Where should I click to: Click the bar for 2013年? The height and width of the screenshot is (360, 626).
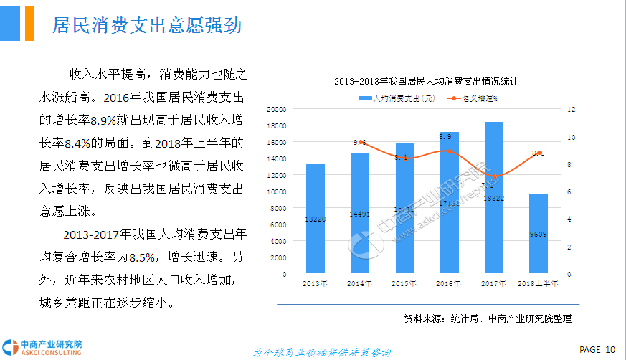point(316,219)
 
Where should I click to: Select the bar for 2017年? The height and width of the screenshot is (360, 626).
point(494,198)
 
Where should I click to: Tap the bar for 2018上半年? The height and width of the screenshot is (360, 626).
point(539,233)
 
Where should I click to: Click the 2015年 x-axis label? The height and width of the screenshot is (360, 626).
point(404,284)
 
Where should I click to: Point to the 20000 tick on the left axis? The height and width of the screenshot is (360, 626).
point(277,109)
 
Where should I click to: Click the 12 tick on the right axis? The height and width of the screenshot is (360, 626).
point(572,109)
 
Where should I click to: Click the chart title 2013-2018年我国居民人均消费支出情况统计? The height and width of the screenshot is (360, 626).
point(426,81)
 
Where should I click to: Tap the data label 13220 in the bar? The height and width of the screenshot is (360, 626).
point(316,219)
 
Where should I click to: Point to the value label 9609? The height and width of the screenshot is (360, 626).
point(539,233)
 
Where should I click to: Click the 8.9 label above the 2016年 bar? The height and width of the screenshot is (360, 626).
point(445,136)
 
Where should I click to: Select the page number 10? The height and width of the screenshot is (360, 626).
point(610,349)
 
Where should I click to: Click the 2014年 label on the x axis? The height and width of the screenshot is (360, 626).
point(359,284)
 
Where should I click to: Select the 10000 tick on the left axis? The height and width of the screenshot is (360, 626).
point(277,191)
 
